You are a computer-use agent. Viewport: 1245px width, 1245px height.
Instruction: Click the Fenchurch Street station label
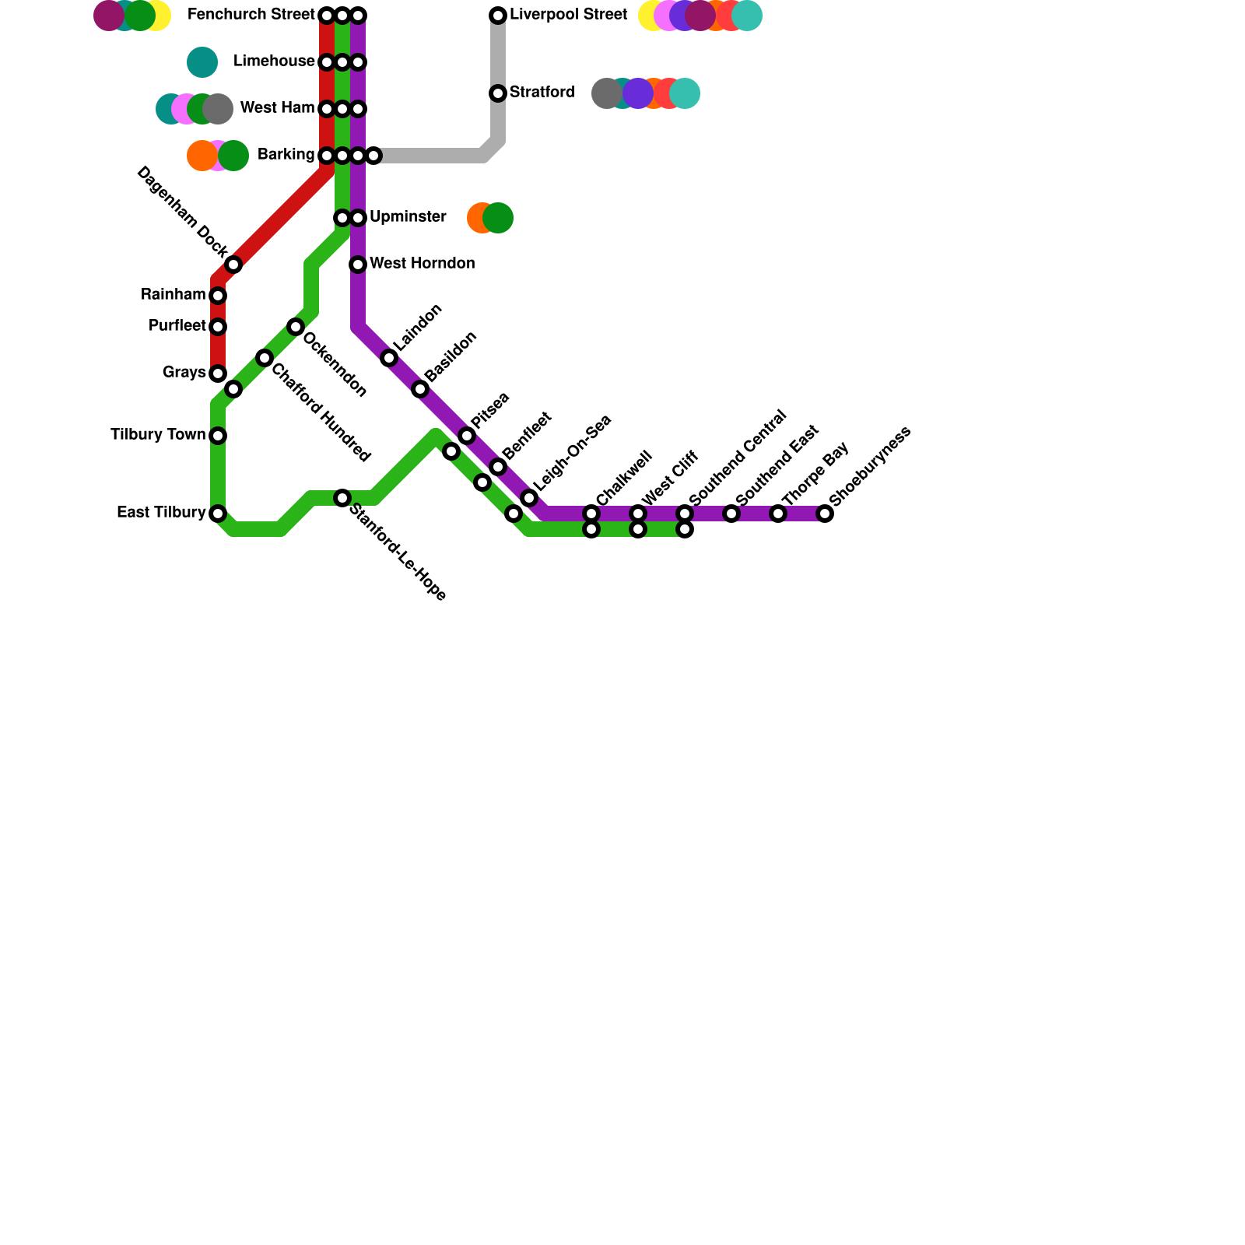[251, 15]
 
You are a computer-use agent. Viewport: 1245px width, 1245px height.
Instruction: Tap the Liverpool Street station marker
[498, 16]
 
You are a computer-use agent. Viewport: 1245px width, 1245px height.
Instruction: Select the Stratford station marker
[498, 93]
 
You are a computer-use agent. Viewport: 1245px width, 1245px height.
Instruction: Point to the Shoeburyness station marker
[825, 514]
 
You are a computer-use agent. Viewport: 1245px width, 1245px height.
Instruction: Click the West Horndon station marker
[358, 265]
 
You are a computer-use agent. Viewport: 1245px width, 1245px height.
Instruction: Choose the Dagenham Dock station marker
[233, 265]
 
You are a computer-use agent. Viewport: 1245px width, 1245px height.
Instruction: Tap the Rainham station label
[173, 295]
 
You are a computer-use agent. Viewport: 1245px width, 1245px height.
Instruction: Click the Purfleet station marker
[218, 327]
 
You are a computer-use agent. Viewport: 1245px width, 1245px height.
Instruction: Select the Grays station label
[184, 373]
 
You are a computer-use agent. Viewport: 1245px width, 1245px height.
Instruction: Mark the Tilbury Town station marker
[218, 436]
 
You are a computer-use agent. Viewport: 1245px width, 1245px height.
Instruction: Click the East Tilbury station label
[161, 513]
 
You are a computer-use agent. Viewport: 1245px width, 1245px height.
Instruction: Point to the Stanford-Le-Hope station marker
[342, 498]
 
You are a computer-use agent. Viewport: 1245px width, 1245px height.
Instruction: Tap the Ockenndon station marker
[296, 327]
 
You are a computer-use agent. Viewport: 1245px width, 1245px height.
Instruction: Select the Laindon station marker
[389, 358]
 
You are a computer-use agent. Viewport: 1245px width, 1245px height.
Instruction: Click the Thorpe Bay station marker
[778, 514]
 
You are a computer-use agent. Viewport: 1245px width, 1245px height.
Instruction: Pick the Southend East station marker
[731, 514]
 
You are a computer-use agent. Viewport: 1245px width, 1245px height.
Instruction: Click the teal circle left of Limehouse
[202, 62]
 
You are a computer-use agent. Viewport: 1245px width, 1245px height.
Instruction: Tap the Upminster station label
[408, 217]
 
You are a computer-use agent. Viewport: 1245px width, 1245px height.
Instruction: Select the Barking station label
[286, 155]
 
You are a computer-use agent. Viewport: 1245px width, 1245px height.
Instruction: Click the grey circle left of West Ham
[219, 109]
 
